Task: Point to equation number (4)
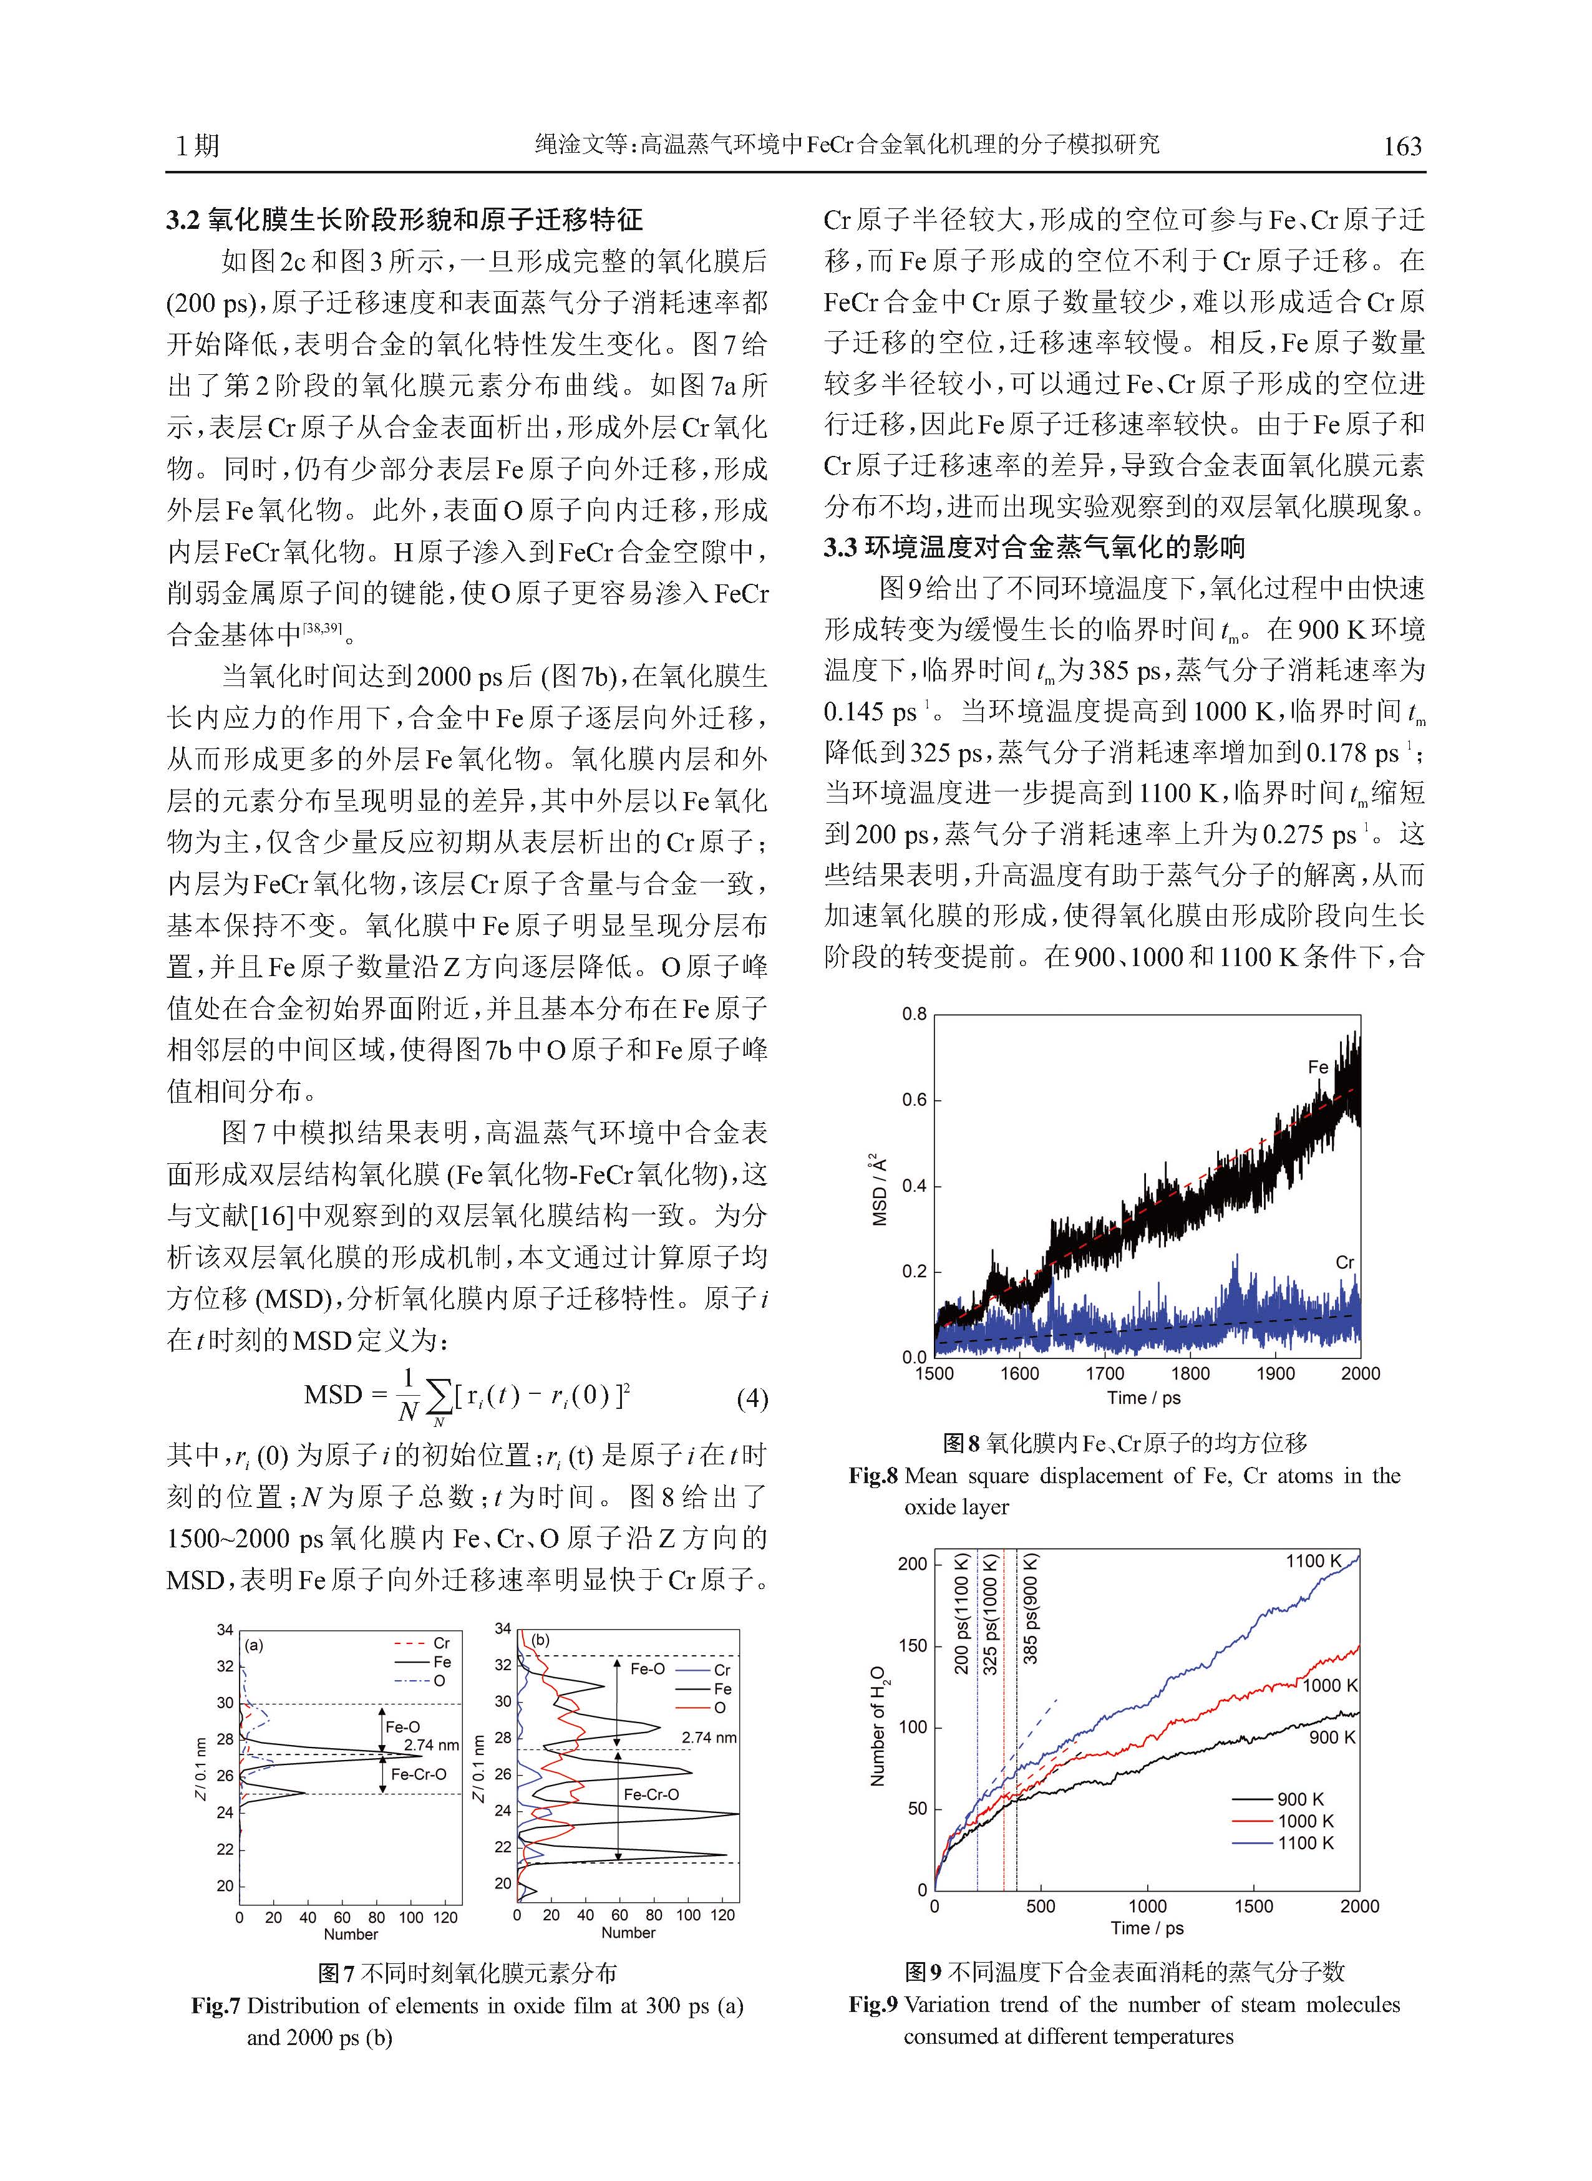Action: [x=752, y=1399]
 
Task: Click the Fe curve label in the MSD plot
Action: [x=1318, y=1067]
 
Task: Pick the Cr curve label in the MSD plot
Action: [x=1344, y=1262]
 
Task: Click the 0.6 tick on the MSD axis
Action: [x=913, y=1101]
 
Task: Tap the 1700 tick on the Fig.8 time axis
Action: [x=1104, y=1374]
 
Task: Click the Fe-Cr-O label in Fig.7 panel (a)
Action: [x=418, y=1774]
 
